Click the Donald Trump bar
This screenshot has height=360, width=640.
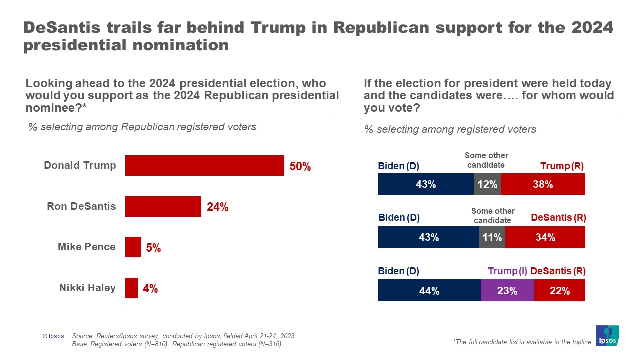pos(204,165)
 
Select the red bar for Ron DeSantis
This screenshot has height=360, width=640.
pos(163,206)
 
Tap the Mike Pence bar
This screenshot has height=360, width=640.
pos(133,247)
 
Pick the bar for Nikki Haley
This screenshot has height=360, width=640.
pos(131,288)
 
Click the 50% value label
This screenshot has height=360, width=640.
pos(300,167)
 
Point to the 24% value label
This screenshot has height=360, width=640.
pos(217,207)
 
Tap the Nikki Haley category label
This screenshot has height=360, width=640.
pos(87,288)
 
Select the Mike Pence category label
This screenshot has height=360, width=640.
pos(86,247)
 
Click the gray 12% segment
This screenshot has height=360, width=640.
pos(487,184)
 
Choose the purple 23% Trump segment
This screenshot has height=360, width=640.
pos(507,291)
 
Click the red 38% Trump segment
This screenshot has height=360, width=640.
pos(543,184)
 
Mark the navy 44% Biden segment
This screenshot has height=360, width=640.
pos(429,291)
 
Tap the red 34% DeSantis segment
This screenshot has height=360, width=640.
pos(545,237)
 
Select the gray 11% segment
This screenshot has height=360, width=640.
pos(492,237)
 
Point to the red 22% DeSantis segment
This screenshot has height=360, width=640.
pos(559,291)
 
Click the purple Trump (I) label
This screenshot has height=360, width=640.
pos(507,271)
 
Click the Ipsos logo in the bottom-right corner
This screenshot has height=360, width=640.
pos(607,335)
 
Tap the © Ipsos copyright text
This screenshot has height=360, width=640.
pos(53,336)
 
